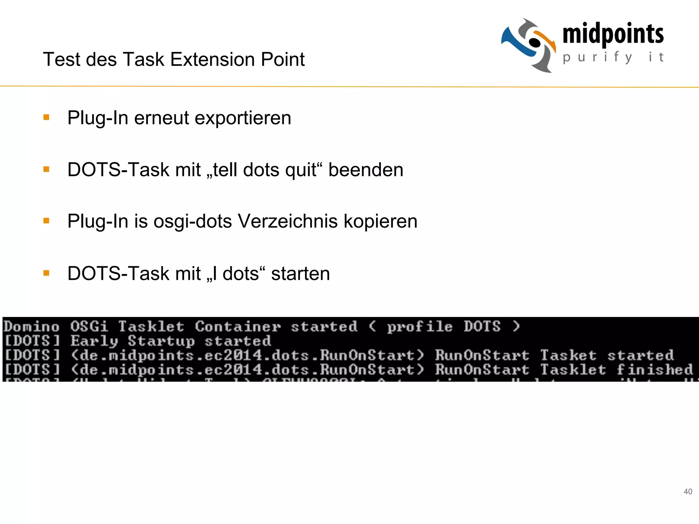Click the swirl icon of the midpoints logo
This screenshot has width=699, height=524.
(x=529, y=45)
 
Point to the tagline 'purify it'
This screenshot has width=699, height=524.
(x=613, y=57)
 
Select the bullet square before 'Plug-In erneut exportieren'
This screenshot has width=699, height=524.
(x=46, y=118)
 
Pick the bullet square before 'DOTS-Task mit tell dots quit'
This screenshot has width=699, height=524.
(x=46, y=169)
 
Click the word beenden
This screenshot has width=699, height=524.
(x=366, y=170)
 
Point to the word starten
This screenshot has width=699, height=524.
(x=300, y=273)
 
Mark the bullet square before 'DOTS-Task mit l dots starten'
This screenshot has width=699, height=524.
(x=46, y=273)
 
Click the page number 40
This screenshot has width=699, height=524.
(x=688, y=492)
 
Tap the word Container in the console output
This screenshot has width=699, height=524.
(x=238, y=326)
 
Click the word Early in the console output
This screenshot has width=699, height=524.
(x=95, y=341)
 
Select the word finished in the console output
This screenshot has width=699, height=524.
(x=655, y=369)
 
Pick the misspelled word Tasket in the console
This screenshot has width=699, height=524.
(x=568, y=355)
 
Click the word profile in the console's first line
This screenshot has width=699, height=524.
(x=419, y=326)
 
